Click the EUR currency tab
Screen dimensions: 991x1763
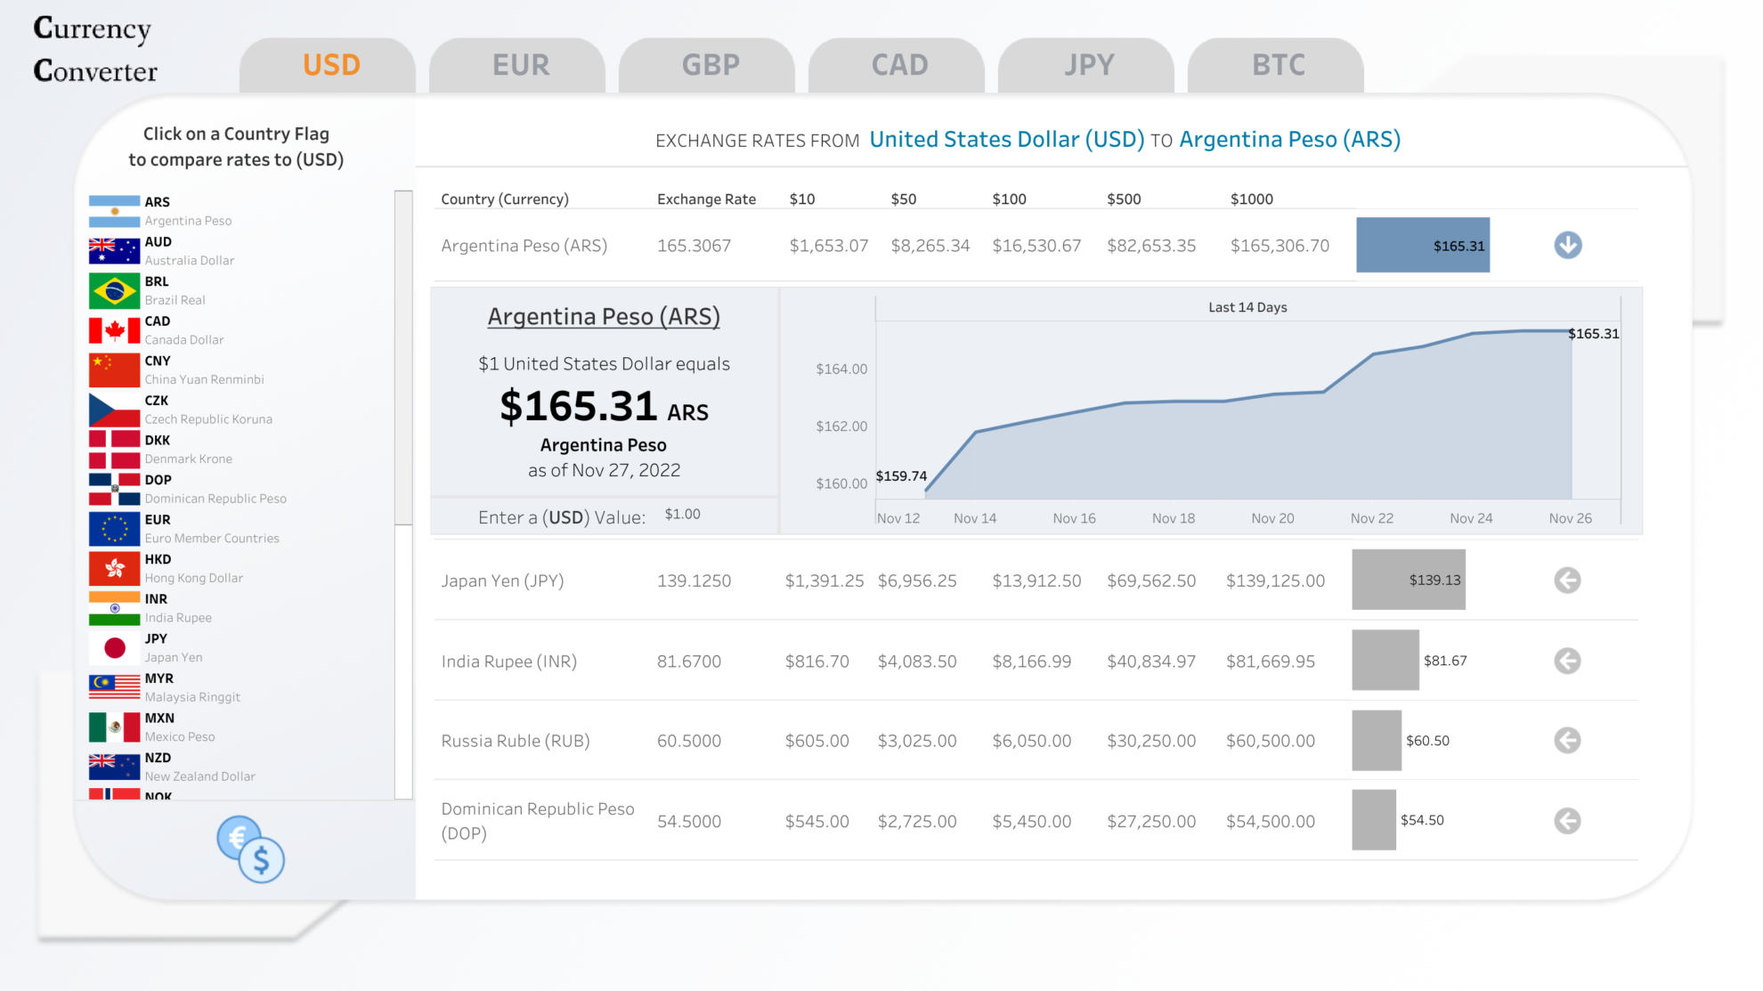(x=521, y=66)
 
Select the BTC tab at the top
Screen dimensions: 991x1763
(x=1278, y=66)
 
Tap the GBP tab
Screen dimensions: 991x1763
(x=711, y=66)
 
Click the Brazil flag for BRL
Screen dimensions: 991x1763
(x=114, y=291)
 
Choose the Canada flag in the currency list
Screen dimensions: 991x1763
(x=114, y=331)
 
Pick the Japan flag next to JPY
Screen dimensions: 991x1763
(x=114, y=648)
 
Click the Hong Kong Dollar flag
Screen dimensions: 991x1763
(x=114, y=569)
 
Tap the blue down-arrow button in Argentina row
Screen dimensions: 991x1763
(x=1567, y=245)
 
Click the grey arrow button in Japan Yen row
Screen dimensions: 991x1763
(x=1567, y=581)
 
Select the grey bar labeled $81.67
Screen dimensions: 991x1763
(x=1385, y=661)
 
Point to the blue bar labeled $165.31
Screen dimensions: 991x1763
(x=1422, y=245)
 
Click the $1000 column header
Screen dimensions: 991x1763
(x=1251, y=199)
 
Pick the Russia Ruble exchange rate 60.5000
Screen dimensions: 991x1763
(x=688, y=741)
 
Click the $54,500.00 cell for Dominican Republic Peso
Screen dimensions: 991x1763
(x=1270, y=821)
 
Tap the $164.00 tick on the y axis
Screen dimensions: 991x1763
(x=841, y=369)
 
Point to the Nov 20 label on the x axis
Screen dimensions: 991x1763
(x=1271, y=518)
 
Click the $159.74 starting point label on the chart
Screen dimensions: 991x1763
(x=900, y=476)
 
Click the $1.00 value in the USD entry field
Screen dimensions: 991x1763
(x=682, y=515)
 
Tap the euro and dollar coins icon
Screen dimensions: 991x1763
(x=251, y=849)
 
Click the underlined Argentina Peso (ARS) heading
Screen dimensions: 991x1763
(x=604, y=317)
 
